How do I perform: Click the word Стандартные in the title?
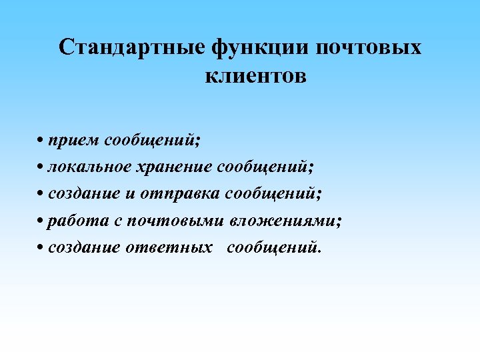point(132,48)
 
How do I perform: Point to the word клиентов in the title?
point(255,76)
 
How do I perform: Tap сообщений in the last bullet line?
point(273,247)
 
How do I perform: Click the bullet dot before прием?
point(41,141)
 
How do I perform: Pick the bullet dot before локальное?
point(41,167)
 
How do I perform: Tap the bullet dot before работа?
point(41,221)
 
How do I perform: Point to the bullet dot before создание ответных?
point(41,248)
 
